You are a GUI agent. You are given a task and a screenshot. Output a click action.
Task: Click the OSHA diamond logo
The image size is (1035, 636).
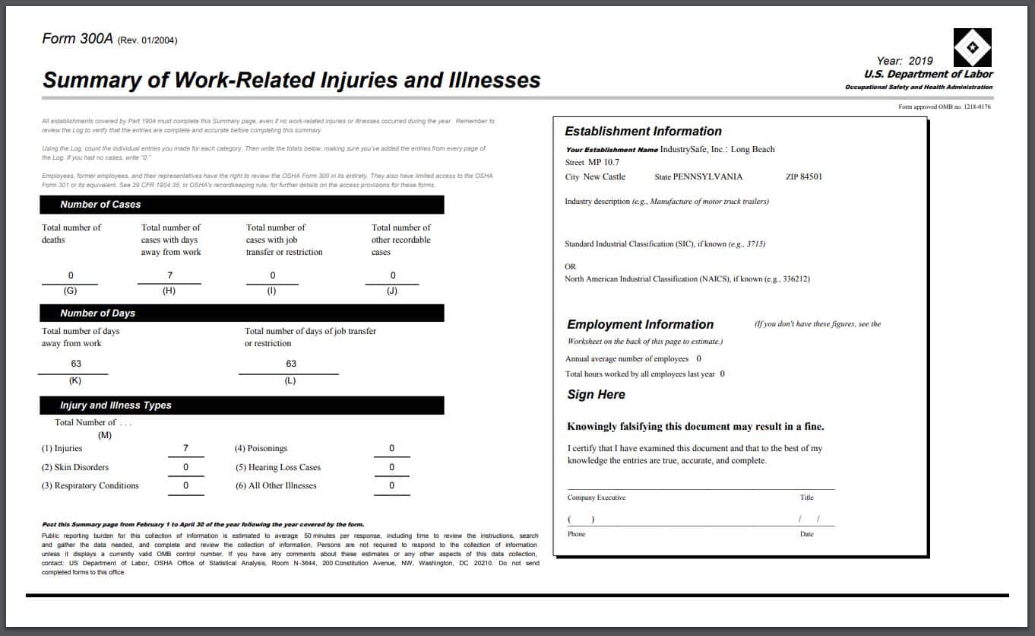coord(972,47)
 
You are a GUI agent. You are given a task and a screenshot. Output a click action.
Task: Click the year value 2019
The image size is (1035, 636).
coord(919,61)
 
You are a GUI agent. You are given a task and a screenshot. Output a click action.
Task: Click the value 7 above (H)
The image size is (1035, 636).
coord(170,275)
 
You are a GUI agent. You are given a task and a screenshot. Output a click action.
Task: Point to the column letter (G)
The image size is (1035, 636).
coord(70,291)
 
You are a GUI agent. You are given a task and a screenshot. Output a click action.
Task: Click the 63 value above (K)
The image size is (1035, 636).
coord(76,364)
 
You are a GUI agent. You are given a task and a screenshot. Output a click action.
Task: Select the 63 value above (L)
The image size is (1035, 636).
coord(291,364)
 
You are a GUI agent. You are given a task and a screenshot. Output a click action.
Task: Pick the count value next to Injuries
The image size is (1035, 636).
coord(185,448)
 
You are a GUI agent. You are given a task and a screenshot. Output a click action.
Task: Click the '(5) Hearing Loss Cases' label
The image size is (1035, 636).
coord(278,467)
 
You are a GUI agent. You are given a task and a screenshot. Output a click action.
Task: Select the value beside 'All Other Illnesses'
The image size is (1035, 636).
coord(391,485)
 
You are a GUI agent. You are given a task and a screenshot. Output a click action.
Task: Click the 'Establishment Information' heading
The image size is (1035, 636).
coord(643,131)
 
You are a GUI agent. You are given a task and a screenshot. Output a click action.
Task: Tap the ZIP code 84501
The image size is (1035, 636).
coord(811,176)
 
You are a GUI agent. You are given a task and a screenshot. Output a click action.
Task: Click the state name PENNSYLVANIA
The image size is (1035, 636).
coord(707,176)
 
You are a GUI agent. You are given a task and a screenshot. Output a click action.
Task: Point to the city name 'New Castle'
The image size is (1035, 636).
coord(604,176)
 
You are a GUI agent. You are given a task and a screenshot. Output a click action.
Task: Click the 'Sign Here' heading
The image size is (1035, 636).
coord(597,394)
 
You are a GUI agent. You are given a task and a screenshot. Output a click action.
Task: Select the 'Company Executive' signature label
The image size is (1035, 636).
coord(597,498)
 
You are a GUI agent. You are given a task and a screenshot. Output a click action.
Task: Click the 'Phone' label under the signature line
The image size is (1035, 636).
coord(577,534)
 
